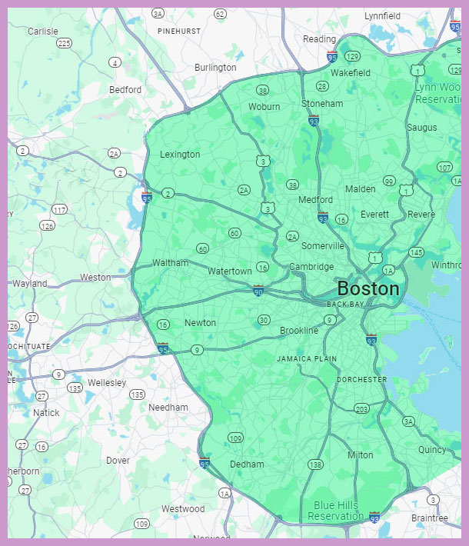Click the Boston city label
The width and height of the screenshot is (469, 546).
[x=368, y=289]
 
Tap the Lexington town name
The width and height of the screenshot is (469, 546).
[x=180, y=155]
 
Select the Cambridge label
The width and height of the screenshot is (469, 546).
[x=311, y=267]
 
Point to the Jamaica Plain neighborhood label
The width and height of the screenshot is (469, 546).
[x=307, y=359]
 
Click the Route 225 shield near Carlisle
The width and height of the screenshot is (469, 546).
[x=64, y=43]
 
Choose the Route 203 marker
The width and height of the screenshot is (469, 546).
[x=361, y=408]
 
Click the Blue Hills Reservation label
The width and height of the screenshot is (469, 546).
[x=338, y=511]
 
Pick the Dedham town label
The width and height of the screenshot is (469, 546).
[x=247, y=464]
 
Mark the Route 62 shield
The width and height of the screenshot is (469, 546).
[x=221, y=14]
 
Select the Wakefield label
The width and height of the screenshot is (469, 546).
[x=351, y=73]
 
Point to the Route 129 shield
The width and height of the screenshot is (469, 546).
[x=353, y=56]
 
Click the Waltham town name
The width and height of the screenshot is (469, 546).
[x=170, y=263]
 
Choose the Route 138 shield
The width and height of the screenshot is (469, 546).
[x=315, y=464]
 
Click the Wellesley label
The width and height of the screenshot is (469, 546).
[x=107, y=382]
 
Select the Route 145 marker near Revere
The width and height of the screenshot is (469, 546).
[x=417, y=252]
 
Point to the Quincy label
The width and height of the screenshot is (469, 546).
[x=432, y=450]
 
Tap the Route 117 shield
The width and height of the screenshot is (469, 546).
[x=60, y=209]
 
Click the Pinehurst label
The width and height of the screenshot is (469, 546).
[x=178, y=31]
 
